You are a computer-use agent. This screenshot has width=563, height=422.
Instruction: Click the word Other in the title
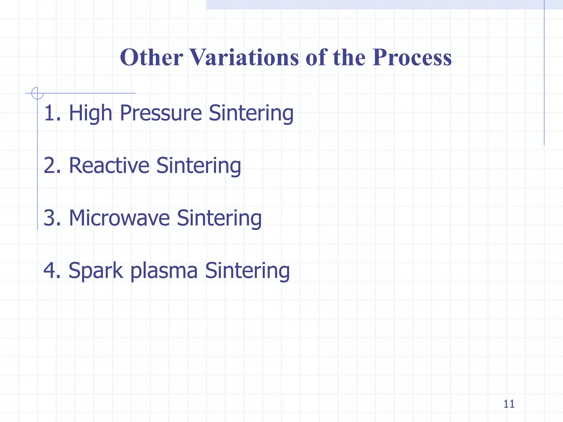click(151, 57)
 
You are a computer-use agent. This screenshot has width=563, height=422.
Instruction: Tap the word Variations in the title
click(244, 57)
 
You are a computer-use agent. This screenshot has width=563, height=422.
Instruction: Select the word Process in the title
click(412, 57)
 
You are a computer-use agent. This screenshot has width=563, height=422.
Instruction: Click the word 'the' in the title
click(349, 57)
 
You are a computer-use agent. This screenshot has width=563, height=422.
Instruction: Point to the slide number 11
click(509, 404)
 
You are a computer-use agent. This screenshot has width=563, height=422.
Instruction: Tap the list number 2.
click(50, 165)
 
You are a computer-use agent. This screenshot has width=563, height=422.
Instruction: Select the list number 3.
click(50, 218)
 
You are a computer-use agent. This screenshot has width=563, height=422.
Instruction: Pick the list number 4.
click(50, 270)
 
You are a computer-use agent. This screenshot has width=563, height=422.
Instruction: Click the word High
click(90, 113)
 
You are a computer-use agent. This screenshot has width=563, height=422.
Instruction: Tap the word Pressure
click(161, 113)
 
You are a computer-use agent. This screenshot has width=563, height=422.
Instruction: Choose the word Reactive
click(109, 165)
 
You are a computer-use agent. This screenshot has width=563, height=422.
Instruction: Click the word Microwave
click(119, 218)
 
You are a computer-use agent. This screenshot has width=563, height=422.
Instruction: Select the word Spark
click(96, 270)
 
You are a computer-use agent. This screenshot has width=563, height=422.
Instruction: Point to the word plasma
click(164, 270)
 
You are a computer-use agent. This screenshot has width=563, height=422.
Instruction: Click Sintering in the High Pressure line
click(251, 113)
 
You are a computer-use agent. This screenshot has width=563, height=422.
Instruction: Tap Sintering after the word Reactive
click(198, 165)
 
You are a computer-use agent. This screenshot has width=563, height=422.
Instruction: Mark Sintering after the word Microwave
click(219, 218)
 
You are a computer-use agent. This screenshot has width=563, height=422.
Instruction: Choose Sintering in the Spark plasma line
click(247, 270)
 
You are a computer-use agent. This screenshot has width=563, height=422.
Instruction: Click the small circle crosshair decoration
click(37, 93)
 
